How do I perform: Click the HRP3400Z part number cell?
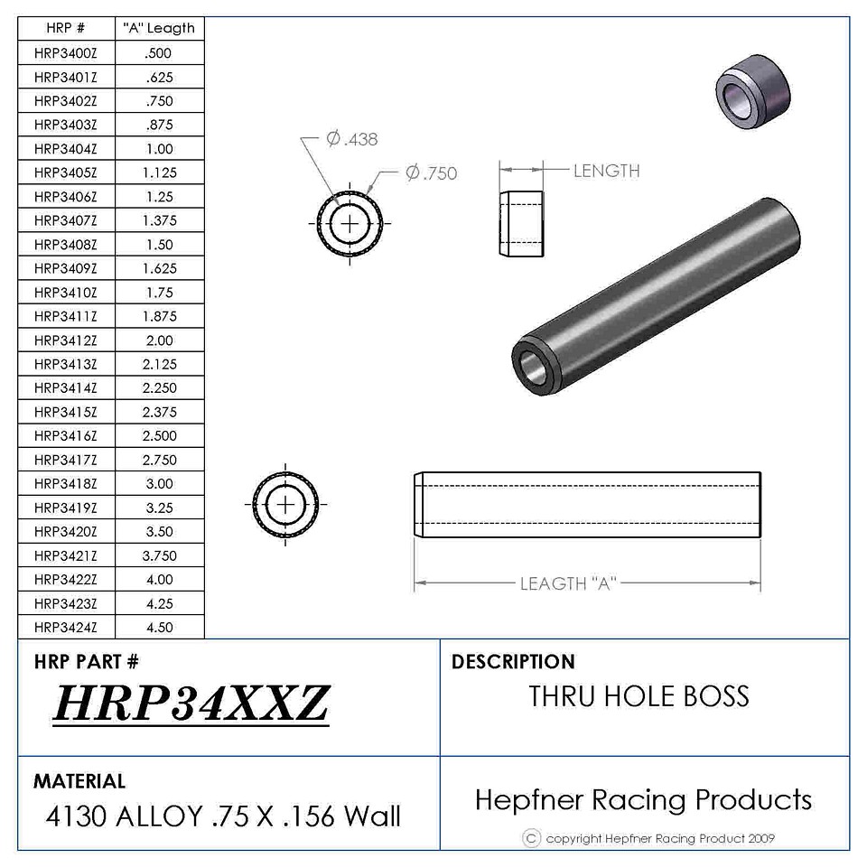click(66, 53)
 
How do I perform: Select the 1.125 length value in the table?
click(160, 173)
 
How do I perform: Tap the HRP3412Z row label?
click(66, 340)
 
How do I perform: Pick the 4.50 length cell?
click(160, 628)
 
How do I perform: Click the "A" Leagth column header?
click(159, 28)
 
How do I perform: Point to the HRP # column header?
click(66, 28)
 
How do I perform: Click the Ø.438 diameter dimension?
click(352, 139)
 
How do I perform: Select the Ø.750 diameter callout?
click(432, 173)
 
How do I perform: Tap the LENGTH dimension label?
click(607, 171)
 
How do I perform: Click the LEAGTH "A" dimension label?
click(568, 583)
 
